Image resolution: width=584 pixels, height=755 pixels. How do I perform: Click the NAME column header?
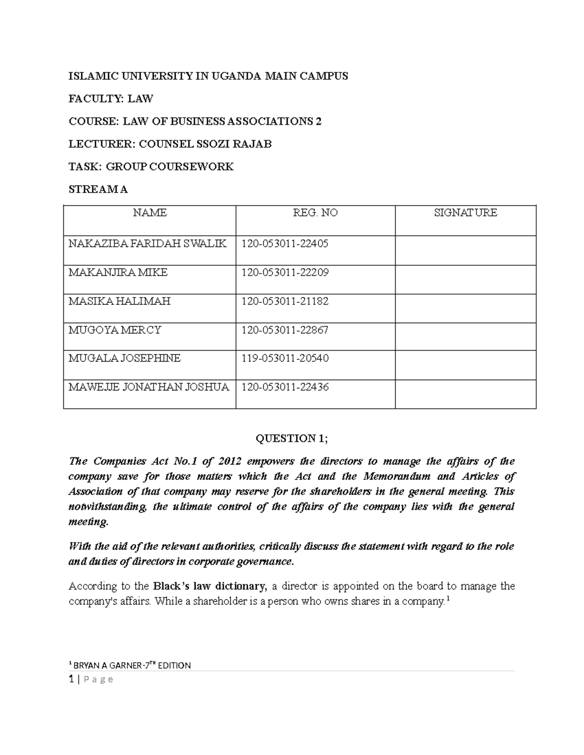[x=149, y=213]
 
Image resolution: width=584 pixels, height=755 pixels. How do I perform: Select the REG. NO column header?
[x=315, y=213]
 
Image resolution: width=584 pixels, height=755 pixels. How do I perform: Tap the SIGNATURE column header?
[x=465, y=213]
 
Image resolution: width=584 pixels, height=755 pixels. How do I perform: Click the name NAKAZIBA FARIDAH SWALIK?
[x=147, y=244]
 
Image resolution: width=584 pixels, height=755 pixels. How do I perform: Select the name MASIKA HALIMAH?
[x=120, y=301]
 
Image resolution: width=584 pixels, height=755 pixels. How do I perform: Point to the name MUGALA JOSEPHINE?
[x=125, y=359]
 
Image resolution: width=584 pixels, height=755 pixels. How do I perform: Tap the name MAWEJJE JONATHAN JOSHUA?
[x=148, y=387]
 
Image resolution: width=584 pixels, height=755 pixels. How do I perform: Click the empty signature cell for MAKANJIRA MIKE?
[x=465, y=279]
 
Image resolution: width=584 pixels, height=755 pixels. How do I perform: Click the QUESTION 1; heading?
[x=292, y=439]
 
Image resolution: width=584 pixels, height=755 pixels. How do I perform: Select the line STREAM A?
[x=98, y=190]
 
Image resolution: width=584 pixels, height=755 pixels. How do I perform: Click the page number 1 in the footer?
[x=71, y=679]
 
